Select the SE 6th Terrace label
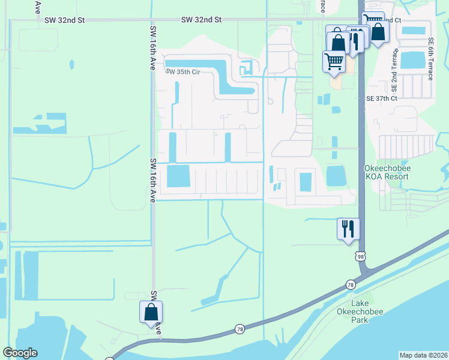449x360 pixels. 431,59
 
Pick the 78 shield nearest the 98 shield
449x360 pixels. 350,284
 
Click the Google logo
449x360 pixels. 20,353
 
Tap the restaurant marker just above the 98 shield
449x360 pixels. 348,229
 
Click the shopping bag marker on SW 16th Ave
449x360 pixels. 151,312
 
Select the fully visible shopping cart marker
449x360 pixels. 334,61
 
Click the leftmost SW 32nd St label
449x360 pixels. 65,20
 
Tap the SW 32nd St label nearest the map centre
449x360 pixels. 202,20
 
